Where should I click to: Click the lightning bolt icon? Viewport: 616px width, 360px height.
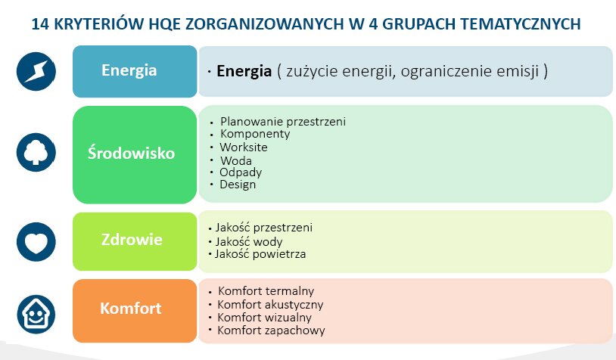[x=36, y=71]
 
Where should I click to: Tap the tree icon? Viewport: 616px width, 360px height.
[x=36, y=152]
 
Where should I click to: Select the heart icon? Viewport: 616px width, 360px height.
[x=36, y=242]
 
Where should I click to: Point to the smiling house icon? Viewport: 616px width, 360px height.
[x=36, y=314]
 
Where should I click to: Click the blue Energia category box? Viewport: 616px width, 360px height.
[x=135, y=71]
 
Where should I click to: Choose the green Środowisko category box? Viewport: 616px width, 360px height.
[x=135, y=155]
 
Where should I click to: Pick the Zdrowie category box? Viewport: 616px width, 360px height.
[x=135, y=241]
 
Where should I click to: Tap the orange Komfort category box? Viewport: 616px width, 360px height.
[x=135, y=311]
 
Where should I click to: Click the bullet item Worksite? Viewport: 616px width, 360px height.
[x=244, y=147]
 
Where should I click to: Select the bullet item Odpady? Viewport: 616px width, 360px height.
[x=241, y=172]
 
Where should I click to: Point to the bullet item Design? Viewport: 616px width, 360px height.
[x=238, y=185]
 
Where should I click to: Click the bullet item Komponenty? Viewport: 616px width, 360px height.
[x=255, y=134]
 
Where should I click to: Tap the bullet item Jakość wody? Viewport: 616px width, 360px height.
[x=249, y=241]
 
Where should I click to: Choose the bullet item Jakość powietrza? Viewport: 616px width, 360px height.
[x=260, y=254]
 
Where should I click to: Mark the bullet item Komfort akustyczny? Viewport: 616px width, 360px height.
[x=270, y=305]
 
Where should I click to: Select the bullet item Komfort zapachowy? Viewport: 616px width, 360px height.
[x=271, y=331]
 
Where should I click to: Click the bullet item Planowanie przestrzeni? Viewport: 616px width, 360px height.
[x=283, y=122]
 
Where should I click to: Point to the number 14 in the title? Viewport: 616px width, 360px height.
[x=39, y=24]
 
